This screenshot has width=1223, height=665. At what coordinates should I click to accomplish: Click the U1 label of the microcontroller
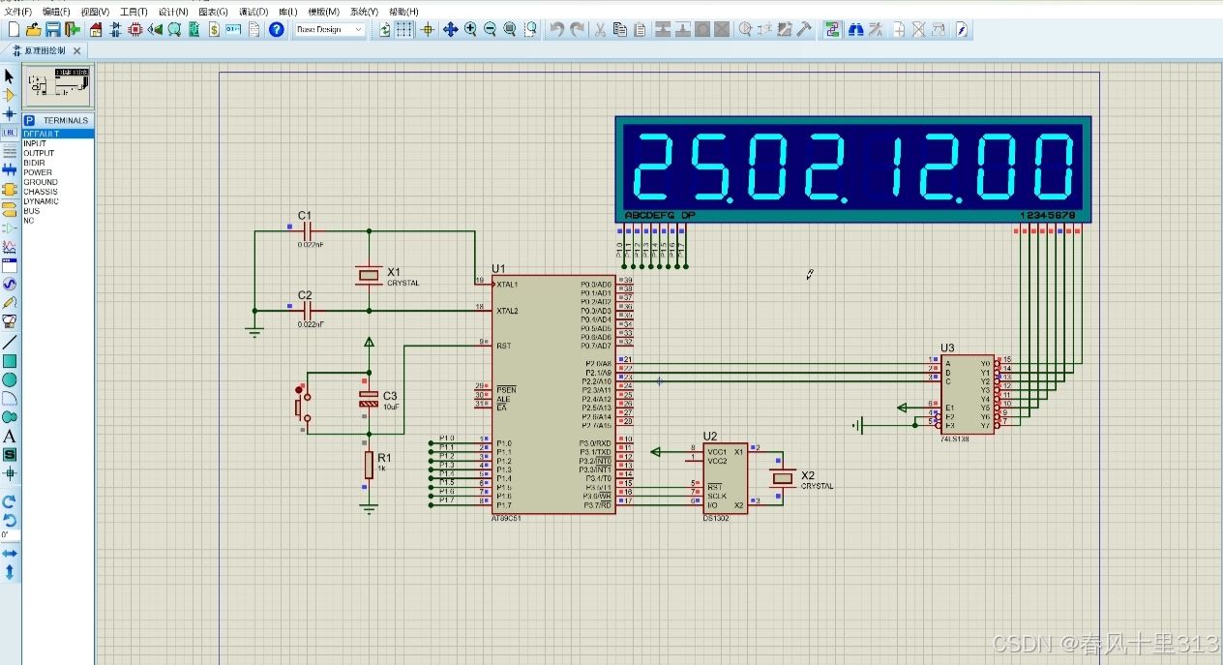[x=498, y=268]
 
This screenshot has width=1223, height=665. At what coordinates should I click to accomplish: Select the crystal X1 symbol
[x=369, y=276]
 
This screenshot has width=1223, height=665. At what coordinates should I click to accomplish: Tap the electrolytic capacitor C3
[x=369, y=397]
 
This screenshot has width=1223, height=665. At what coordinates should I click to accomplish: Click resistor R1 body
[x=369, y=465]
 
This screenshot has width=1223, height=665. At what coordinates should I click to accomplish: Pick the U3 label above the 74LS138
[x=947, y=348]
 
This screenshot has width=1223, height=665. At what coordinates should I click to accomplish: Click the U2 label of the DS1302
[x=710, y=436]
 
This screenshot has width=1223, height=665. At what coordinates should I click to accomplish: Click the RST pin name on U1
[x=503, y=345]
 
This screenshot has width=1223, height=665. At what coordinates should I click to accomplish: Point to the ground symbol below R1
[x=369, y=508]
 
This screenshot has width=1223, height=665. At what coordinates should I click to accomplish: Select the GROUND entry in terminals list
[x=41, y=182]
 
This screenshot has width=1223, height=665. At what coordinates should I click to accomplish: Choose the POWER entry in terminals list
[x=38, y=172]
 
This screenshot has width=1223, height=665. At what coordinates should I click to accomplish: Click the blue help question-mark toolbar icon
[x=277, y=30]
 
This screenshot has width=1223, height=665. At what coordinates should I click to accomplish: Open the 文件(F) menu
[x=17, y=12]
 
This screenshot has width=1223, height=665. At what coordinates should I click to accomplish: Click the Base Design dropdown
[x=329, y=30]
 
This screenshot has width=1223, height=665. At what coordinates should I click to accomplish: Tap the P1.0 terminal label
[x=446, y=438]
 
